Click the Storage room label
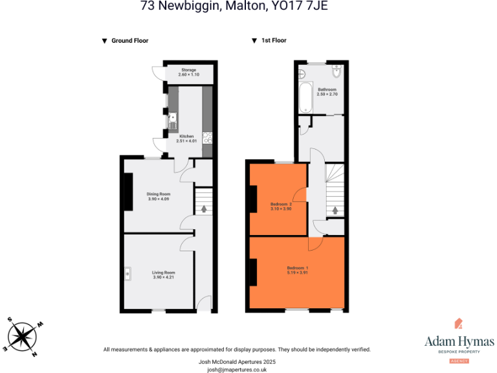tap(188, 70)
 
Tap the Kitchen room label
tap(186, 136)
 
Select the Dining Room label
tap(158, 194)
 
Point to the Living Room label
tap(164, 273)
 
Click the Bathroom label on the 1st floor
tap(327, 89)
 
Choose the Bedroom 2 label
tap(280, 205)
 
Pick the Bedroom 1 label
tap(298, 267)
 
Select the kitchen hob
tap(207, 137)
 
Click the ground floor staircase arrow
tap(204, 209)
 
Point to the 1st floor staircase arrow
tap(335, 210)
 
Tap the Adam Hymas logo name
tap(459, 341)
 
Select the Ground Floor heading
tap(129, 41)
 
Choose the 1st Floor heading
tap(274, 41)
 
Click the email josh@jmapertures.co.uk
tap(237, 369)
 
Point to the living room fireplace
tap(128, 273)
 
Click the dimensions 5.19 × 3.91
tap(298, 273)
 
